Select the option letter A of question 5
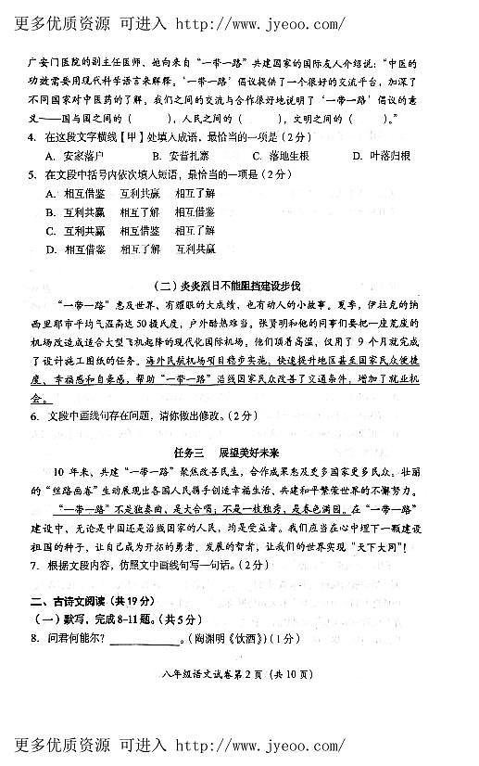pyautogui.click(x=51, y=193)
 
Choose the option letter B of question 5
pyautogui.click(x=51, y=211)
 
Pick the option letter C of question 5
pyautogui.click(x=51, y=230)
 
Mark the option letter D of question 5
pyautogui.click(x=51, y=249)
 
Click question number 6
pyautogui.click(x=32, y=416)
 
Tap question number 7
pyautogui.click(x=32, y=566)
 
